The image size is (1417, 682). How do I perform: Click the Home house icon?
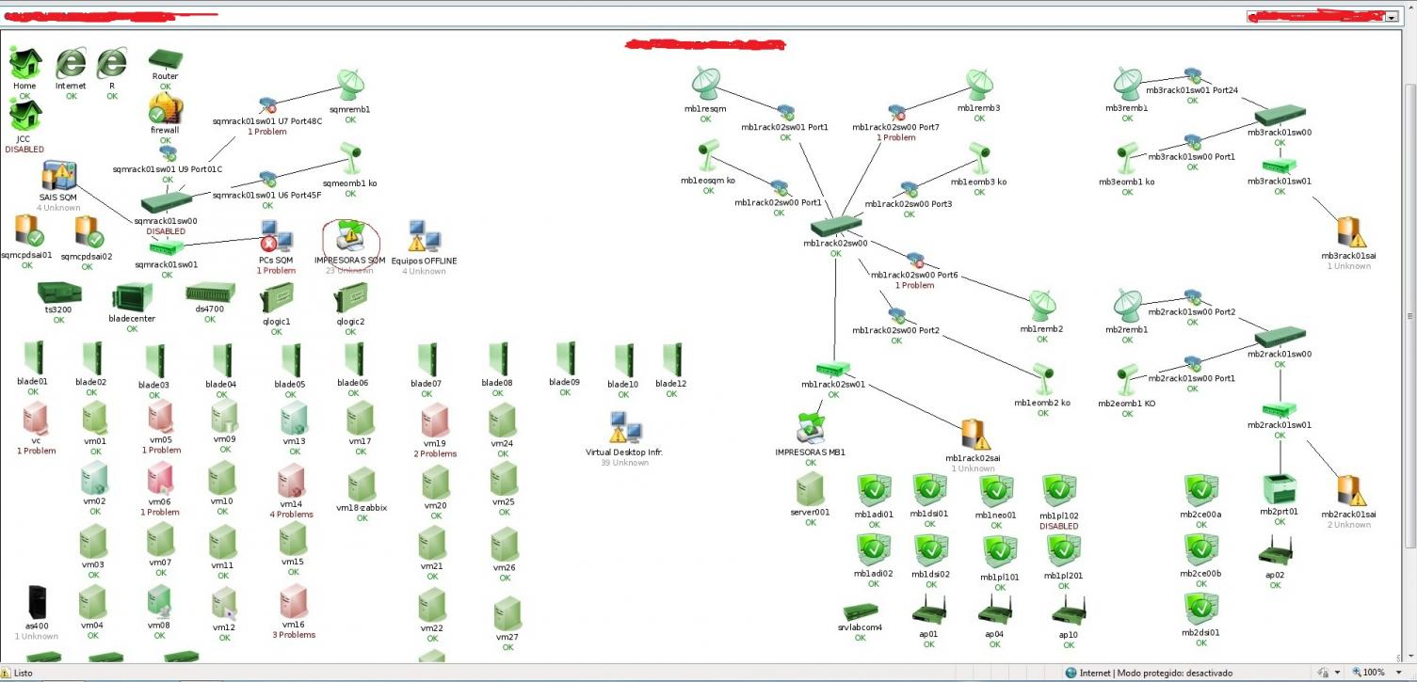pyautogui.click(x=25, y=63)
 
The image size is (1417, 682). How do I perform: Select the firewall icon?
pyautogui.click(x=165, y=110)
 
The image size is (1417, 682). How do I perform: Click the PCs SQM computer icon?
pyautogui.click(x=276, y=236)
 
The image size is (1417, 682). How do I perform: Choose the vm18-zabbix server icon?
pyautogui.click(x=361, y=484)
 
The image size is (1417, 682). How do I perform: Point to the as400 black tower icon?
pyautogui.click(x=37, y=602)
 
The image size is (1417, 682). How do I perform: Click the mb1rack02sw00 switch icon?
pyautogui.click(x=835, y=226)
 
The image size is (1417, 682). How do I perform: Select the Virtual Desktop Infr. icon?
pyautogui.click(x=624, y=428)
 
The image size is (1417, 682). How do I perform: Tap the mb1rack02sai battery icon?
pyautogui.click(x=974, y=436)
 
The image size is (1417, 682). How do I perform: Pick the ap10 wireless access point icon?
pyautogui.click(x=1068, y=611)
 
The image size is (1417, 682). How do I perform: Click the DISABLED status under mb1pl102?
pyautogui.click(x=1058, y=527)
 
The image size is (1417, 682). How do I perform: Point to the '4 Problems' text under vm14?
pyautogui.click(x=291, y=515)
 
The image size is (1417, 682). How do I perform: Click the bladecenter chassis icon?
pyautogui.click(x=132, y=300)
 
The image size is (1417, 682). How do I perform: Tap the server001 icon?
pyautogui.click(x=810, y=490)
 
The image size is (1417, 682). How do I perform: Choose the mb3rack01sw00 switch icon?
pyautogui.click(x=1279, y=116)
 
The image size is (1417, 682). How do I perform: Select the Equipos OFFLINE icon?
pyautogui.click(x=423, y=236)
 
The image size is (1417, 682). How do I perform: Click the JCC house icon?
pyautogui.click(x=25, y=116)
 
